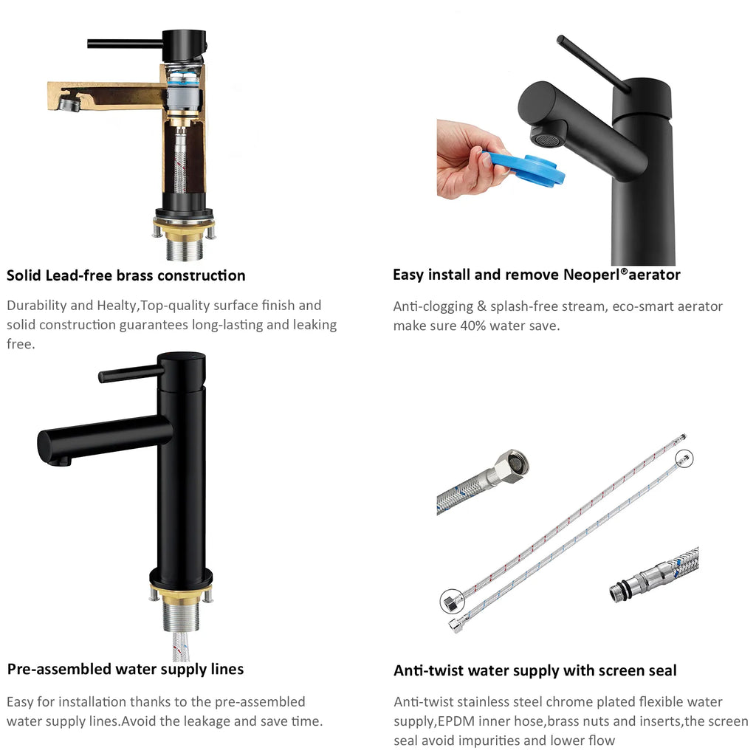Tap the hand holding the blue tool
467,160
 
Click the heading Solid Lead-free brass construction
126,275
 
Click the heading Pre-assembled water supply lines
126,669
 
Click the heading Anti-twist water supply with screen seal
535,670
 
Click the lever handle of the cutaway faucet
126,44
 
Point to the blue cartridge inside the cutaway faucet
184,77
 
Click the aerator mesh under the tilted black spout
546,140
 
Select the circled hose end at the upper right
684,458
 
